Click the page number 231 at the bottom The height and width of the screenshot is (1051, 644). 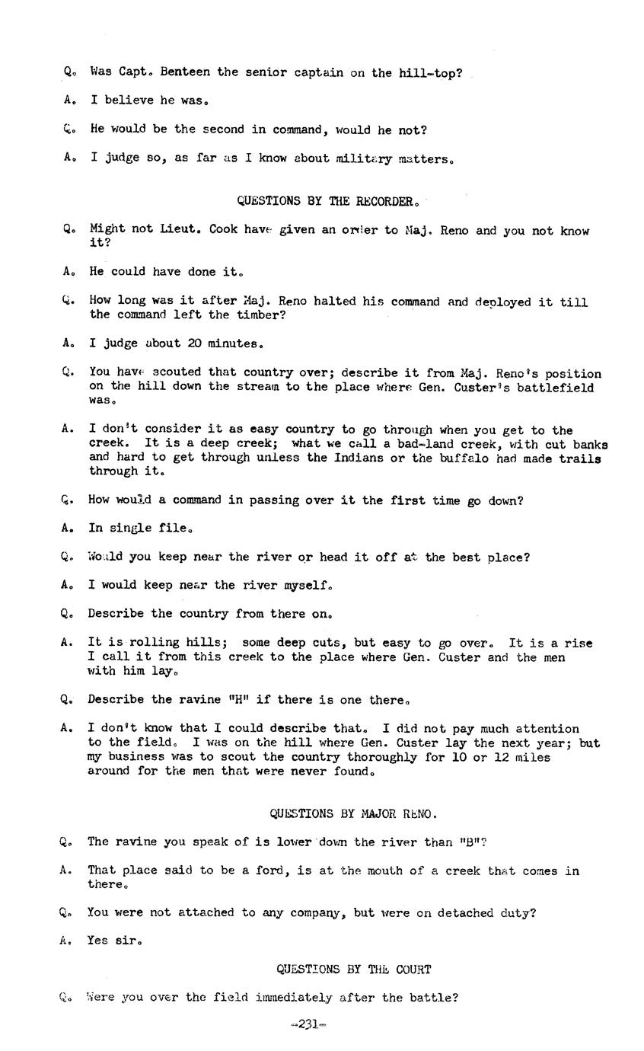click(308, 1024)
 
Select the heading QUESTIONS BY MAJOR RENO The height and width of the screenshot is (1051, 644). click(353, 814)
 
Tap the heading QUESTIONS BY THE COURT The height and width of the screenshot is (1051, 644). click(353, 970)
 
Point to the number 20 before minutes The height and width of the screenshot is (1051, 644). click(194, 343)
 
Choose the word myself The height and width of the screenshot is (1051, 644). click(308, 586)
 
